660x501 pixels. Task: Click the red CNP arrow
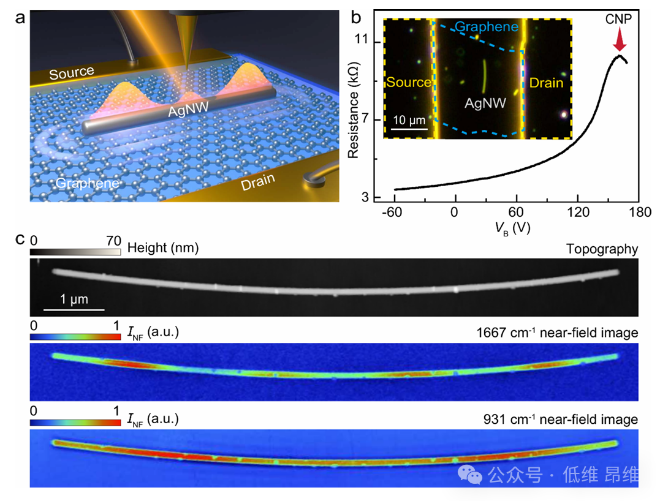click(620, 42)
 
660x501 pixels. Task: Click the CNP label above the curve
click(620, 20)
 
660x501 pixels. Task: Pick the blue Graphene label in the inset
click(487, 27)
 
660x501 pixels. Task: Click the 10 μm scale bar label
click(409, 118)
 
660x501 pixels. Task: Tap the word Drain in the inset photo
click(547, 83)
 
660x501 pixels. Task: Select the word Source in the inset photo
click(409, 83)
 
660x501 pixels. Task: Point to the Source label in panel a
click(72, 73)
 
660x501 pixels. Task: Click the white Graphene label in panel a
click(87, 183)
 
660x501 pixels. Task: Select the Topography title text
click(602, 248)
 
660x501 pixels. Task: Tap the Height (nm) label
click(163, 247)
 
